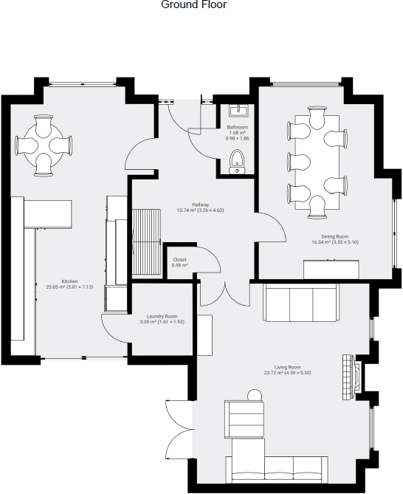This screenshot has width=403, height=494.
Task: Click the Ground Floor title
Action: point(193,5)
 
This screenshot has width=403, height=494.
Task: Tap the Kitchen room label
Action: point(69,281)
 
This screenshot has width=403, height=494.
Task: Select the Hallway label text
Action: point(200,205)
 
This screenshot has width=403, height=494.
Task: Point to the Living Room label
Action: point(284,367)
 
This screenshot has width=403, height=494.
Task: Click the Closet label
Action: point(179,259)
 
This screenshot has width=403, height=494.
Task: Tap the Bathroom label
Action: point(237,127)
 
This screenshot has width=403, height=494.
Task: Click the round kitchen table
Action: point(44,145)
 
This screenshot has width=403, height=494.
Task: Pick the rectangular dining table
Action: point(317,162)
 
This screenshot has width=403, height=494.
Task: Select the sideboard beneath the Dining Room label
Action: point(331,270)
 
